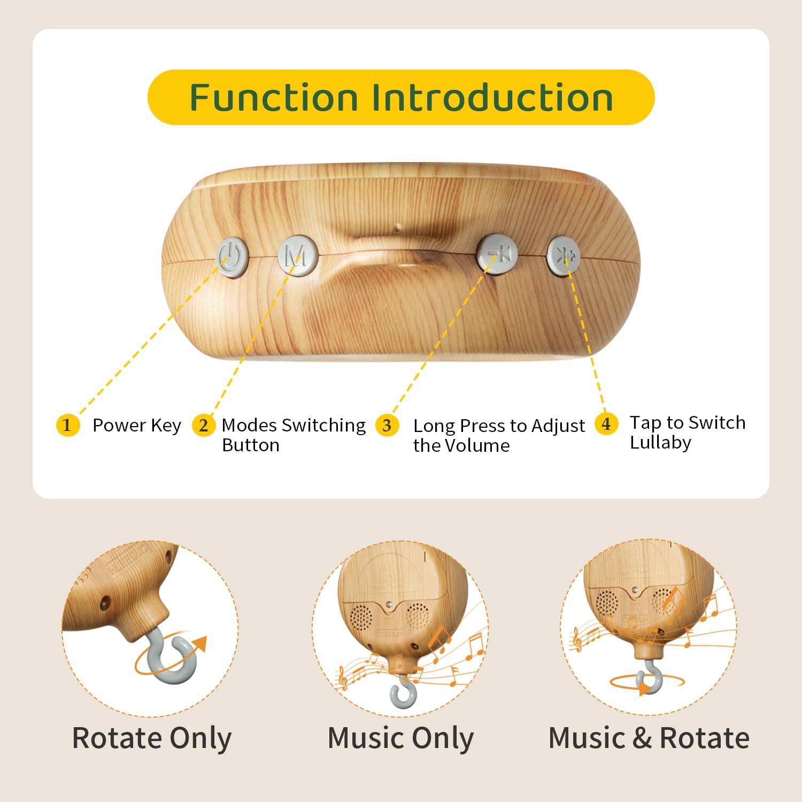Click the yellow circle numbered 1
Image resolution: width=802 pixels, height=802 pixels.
(x=67, y=426)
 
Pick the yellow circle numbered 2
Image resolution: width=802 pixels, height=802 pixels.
(x=204, y=426)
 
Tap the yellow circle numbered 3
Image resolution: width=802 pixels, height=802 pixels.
(x=387, y=426)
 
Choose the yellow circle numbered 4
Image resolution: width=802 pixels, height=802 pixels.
(x=606, y=424)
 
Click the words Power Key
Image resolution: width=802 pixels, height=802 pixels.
(x=137, y=426)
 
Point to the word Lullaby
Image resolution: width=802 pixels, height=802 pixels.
(x=660, y=443)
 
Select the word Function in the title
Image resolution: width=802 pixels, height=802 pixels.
(x=273, y=97)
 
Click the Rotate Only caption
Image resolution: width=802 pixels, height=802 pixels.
(x=152, y=738)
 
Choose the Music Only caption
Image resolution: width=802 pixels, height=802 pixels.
(x=400, y=738)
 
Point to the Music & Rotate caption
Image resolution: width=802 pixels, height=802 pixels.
(x=649, y=738)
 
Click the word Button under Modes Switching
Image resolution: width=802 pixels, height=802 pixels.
(x=250, y=445)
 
